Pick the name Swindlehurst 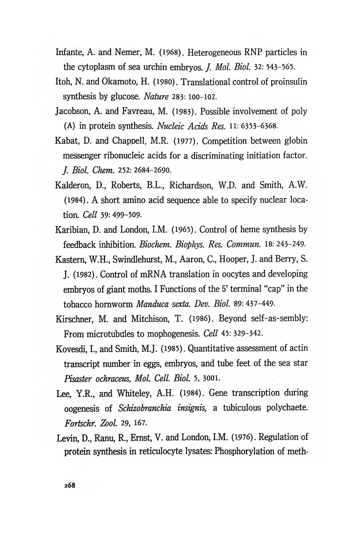pyautogui.click(x=128, y=260)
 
